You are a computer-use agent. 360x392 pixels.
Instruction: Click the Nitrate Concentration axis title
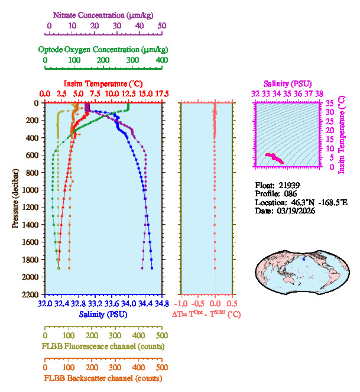click(105, 14)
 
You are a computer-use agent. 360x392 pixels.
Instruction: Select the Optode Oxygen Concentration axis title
click(103, 49)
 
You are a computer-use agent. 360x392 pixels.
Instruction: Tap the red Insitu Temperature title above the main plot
click(103, 83)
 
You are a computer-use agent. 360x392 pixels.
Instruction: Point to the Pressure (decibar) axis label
click(15, 198)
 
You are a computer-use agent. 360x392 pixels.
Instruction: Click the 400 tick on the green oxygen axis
click(161, 60)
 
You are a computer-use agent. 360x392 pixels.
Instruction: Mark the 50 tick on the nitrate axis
click(161, 26)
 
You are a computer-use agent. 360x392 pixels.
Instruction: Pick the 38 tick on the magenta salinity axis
click(319, 93)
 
